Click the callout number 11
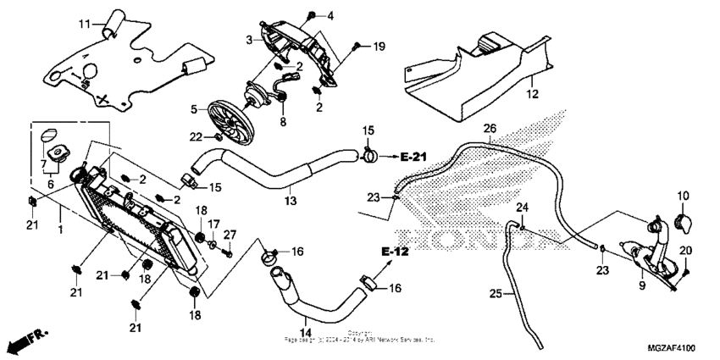(x=83, y=22)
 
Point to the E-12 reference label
(x=395, y=252)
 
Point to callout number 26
(x=489, y=129)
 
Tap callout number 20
(x=685, y=250)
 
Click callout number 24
(x=523, y=208)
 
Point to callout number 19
(x=379, y=45)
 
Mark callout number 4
(x=330, y=15)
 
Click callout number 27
(x=230, y=235)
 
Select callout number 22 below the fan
(x=196, y=136)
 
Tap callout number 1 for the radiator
(x=60, y=230)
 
